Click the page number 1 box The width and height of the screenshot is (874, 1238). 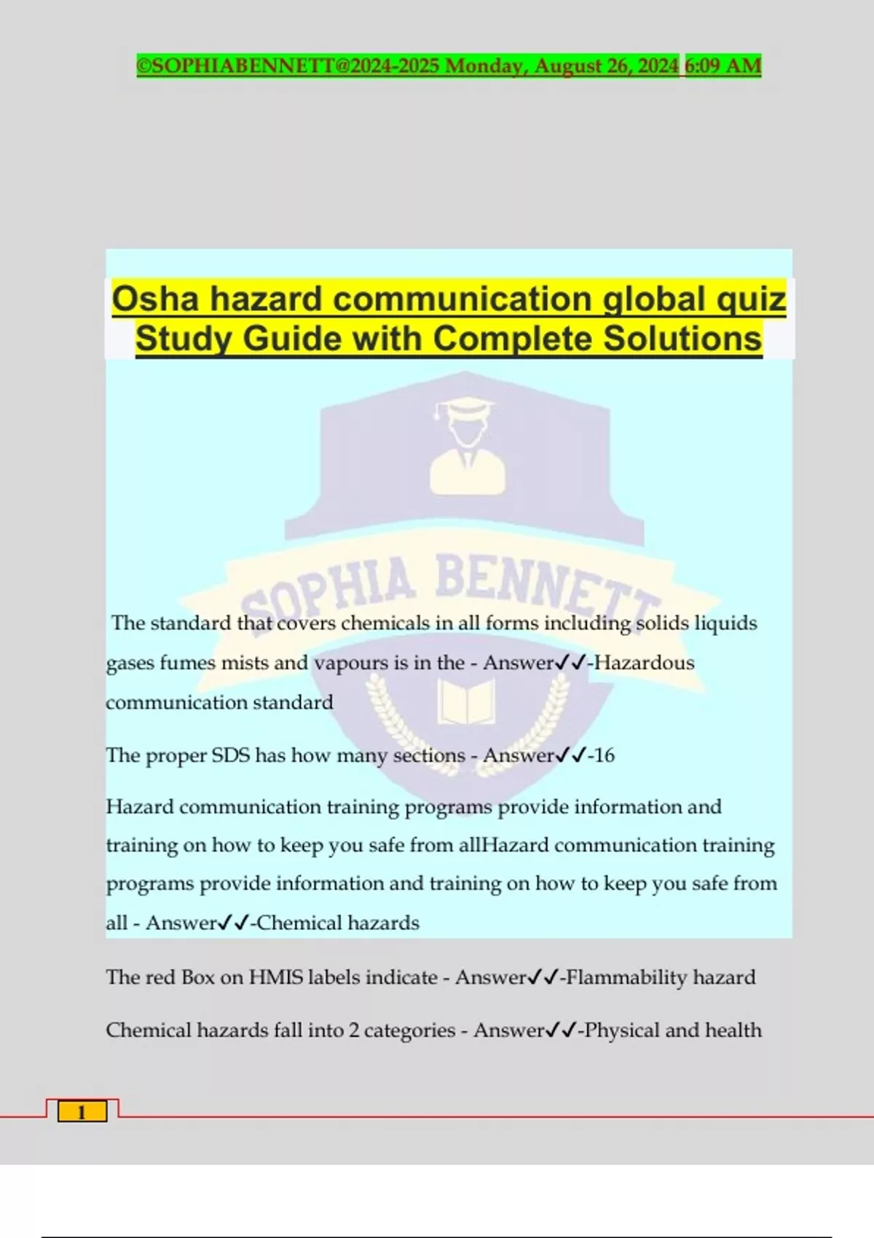[82, 1112]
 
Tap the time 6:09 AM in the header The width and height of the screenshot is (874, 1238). [723, 66]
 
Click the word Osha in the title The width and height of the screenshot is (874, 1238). [155, 299]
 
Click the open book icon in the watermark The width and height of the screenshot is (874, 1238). [466, 701]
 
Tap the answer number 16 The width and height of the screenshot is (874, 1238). [604, 755]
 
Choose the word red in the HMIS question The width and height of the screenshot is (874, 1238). [160, 977]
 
